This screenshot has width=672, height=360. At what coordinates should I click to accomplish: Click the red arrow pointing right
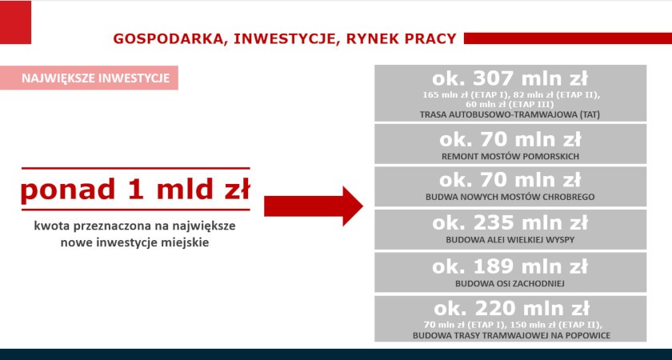tap(314, 206)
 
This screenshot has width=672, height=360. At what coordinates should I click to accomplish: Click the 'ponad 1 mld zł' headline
tap(135, 189)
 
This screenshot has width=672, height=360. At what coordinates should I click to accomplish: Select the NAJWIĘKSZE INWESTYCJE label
tap(95, 78)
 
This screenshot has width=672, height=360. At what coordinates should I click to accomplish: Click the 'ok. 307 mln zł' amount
tap(510, 79)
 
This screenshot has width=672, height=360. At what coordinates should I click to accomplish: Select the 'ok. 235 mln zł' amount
tap(510, 223)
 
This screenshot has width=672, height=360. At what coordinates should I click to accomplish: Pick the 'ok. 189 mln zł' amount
tap(510, 266)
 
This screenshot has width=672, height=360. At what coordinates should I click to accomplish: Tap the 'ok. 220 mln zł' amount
tap(511, 309)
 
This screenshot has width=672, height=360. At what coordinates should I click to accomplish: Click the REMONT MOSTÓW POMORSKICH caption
tap(510, 157)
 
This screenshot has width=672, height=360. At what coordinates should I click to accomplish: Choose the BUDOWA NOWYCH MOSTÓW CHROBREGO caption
tap(510, 197)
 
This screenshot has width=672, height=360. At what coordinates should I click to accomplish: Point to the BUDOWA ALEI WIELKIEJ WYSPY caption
tap(510, 240)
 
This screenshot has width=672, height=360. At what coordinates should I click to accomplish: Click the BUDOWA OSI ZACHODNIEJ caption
tap(510, 283)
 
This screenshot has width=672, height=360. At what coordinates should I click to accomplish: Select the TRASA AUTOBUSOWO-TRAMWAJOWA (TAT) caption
tap(510, 115)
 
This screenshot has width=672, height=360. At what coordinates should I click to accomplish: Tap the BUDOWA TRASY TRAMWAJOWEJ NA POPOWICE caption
tap(511, 335)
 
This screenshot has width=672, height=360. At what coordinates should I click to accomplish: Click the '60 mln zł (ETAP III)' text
tap(510, 105)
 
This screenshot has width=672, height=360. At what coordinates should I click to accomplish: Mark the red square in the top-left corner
tap(15, 22)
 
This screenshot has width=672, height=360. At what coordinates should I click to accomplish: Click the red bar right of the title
tap(568, 38)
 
